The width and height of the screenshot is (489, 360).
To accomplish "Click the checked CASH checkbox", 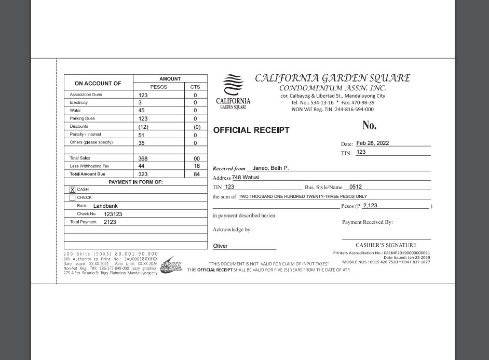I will tap(73, 190).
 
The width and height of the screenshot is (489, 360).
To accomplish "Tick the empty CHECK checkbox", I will tap(73, 197).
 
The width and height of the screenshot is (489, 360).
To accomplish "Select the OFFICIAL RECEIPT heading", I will tap(251, 130).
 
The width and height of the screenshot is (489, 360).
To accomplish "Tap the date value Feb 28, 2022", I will tap(372, 143).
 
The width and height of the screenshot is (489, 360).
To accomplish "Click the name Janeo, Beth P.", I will tap(270, 168).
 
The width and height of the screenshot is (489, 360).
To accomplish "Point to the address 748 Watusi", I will tap(246, 178).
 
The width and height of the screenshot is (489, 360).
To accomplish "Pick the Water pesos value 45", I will tap(142, 111).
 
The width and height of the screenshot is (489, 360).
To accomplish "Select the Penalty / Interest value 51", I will tap(142, 135).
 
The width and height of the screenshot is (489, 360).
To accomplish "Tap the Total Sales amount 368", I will tap(143, 158).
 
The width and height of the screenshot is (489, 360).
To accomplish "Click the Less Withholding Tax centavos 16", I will tap(197, 166).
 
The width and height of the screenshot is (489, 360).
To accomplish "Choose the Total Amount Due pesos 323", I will tap(143, 175).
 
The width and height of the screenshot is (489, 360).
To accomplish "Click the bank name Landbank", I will tap(105, 206).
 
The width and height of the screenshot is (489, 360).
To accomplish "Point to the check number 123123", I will tap(113, 214).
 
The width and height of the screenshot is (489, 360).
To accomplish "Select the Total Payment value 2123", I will tap(110, 222).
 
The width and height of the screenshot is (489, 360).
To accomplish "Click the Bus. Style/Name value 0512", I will tap(356, 186).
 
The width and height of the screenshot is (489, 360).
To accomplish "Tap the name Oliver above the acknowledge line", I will tap(221, 246).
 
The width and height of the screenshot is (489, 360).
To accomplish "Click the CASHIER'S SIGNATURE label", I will tap(386, 245).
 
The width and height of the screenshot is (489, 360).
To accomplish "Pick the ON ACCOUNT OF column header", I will tap(98, 84).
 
